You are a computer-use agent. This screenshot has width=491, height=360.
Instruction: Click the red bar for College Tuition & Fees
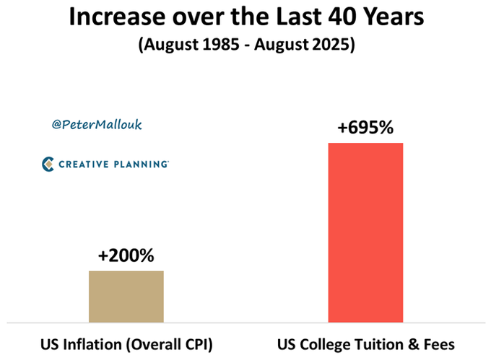(x=365, y=232)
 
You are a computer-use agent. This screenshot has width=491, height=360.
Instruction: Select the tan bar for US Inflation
(x=126, y=297)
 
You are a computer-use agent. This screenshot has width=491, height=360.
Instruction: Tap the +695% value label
(x=365, y=129)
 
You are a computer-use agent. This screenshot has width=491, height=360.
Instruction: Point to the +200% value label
(x=126, y=255)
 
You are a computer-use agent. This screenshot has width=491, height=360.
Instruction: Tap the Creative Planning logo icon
(x=48, y=164)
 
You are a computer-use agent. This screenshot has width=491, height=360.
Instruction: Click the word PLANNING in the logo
(x=142, y=165)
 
